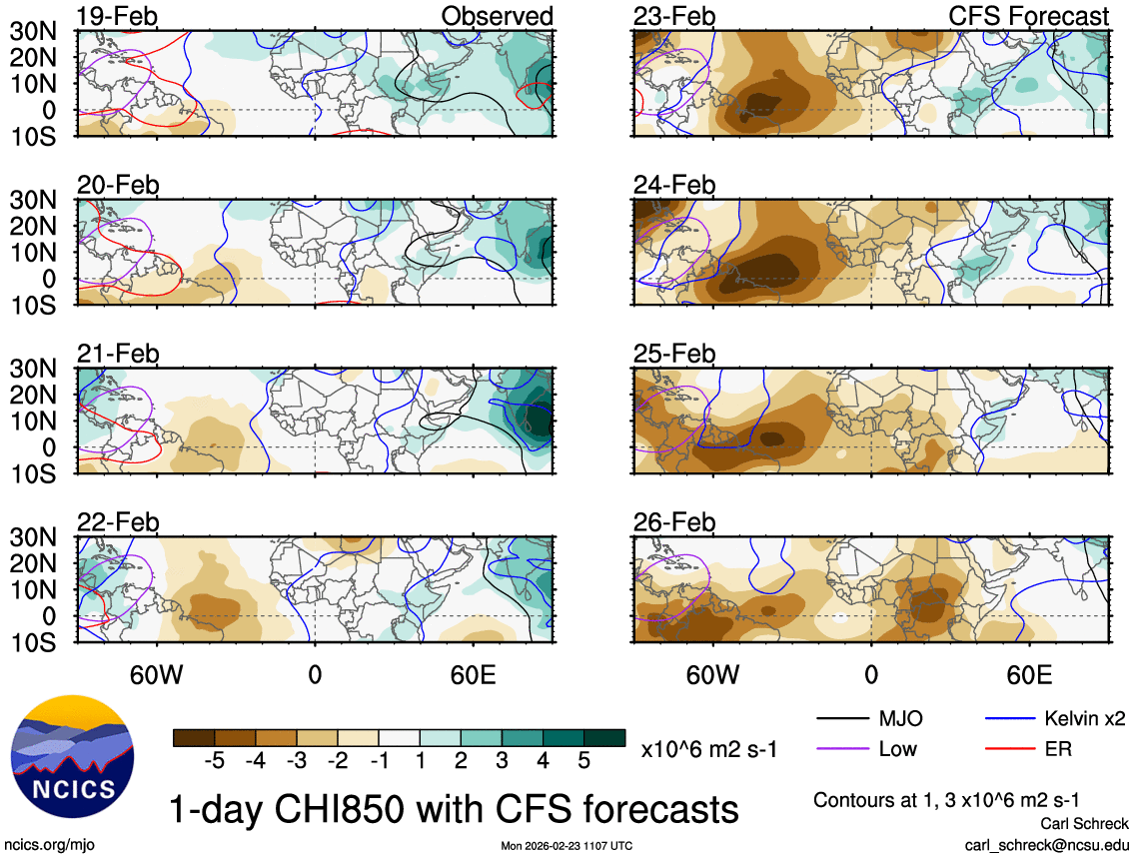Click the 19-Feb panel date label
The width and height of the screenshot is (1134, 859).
pos(118,16)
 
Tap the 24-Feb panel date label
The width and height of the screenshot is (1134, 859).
pos(674,185)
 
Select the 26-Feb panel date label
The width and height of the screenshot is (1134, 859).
pos(674,522)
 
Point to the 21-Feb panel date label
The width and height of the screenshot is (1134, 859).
pos(118,354)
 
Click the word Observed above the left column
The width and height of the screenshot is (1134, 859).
pos(497,16)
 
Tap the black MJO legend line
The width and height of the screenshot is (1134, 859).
pos(841,718)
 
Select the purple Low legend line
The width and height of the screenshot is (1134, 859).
pos(841,748)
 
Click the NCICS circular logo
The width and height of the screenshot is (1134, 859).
pos(71,752)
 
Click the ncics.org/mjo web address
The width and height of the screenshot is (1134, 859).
pos(47,845)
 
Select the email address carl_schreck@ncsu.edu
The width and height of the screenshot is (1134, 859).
pos(1046,845)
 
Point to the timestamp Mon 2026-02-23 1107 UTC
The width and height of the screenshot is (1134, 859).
pos(567,846)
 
